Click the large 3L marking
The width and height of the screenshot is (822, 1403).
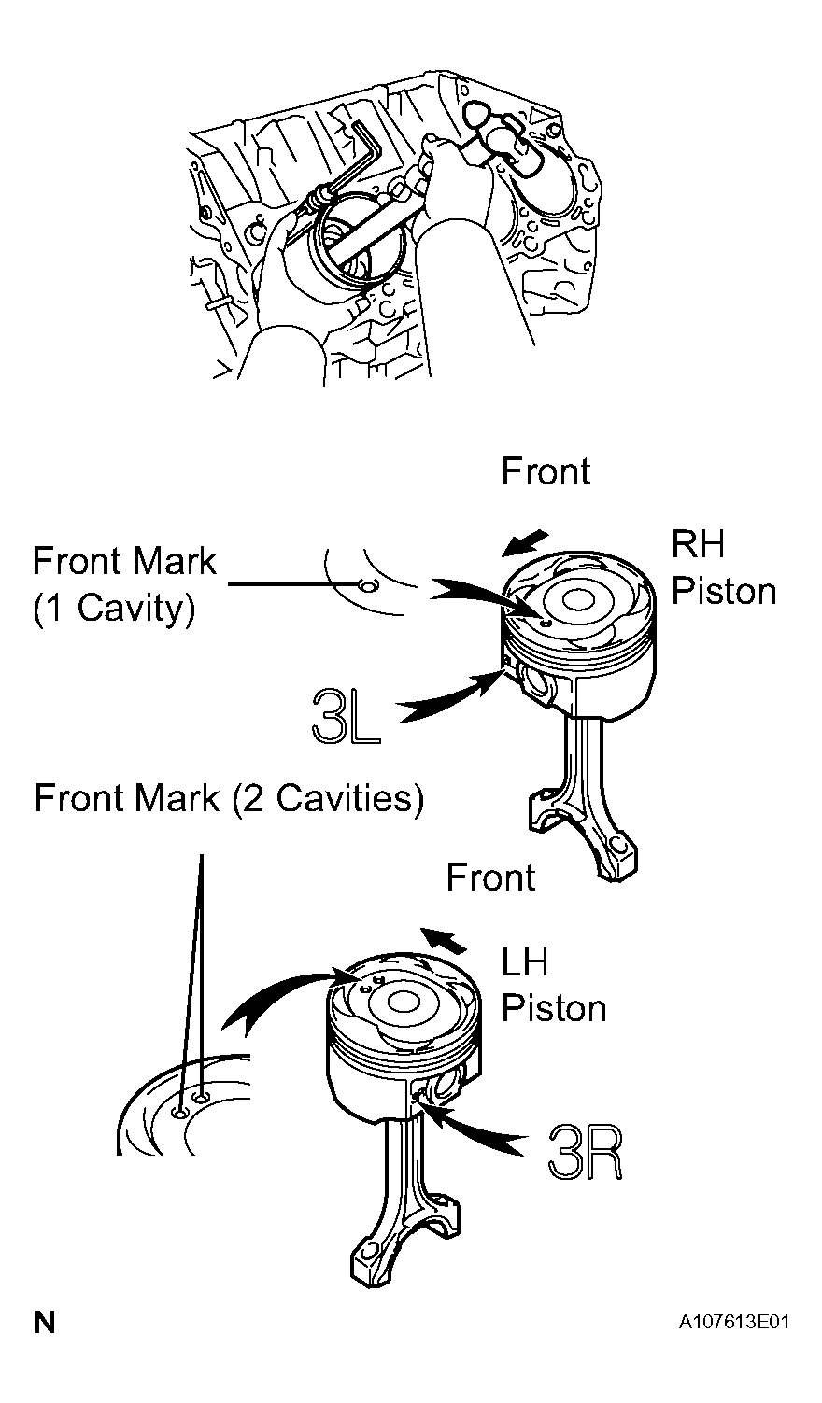tap(346, 715)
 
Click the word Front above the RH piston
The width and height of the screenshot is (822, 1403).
tap(546, 471)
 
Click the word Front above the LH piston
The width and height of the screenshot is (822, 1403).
tap(490, 877)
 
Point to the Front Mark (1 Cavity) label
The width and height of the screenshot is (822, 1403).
tap(124, 583)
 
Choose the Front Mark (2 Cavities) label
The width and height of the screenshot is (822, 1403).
tap(229, 798)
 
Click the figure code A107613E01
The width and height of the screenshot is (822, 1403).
tap(733, 1323)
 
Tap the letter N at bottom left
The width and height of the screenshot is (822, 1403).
tap(45, 1322)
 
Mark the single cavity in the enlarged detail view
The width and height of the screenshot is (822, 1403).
tap(367, 585)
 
